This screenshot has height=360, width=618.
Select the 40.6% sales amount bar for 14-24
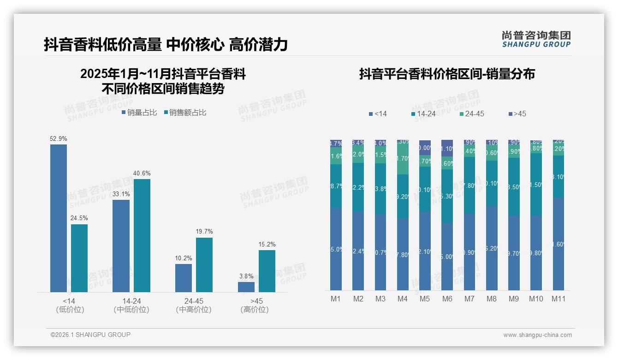142,235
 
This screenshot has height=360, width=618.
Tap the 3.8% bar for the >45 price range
246,287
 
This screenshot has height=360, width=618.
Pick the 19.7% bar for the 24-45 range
204,265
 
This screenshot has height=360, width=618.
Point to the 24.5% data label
79,218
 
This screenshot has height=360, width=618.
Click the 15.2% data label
267,244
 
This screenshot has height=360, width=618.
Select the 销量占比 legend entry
139,113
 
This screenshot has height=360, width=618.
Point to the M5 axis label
425,299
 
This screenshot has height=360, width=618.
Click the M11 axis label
559,299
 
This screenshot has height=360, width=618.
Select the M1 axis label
336,299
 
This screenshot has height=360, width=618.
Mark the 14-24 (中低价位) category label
131,306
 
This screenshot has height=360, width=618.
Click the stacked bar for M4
403,215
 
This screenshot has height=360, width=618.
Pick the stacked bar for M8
492,215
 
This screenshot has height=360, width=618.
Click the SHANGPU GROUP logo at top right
536,39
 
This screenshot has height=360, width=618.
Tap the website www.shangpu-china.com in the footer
537,335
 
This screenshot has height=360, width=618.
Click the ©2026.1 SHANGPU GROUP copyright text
90,335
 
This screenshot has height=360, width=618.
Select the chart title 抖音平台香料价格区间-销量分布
447,74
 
